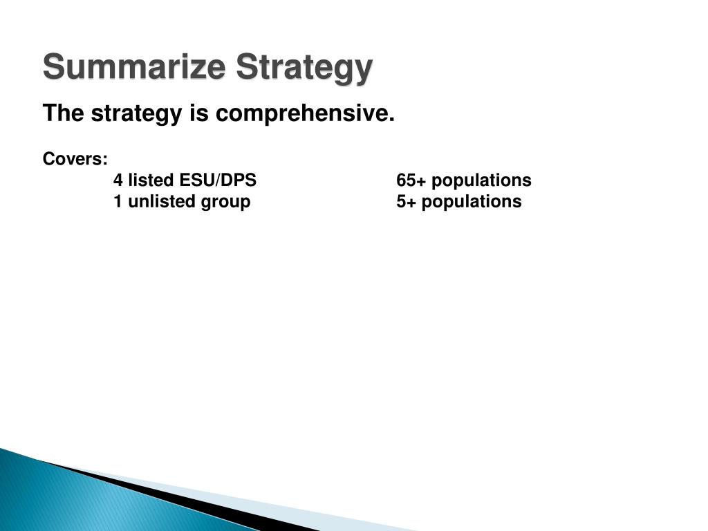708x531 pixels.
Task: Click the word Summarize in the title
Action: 134,66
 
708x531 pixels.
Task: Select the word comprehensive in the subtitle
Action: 305,114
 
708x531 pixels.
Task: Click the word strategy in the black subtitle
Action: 136,114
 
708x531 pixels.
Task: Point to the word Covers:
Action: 75,159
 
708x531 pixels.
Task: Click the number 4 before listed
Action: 118,180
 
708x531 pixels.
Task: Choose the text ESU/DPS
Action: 218,180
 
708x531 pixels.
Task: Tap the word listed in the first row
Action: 151,180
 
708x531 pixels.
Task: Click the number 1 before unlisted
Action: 118,201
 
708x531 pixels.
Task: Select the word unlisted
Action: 162,201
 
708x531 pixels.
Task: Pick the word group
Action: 225,203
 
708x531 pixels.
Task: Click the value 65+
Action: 411,180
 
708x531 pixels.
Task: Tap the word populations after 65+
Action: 481,181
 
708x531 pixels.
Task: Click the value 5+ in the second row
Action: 406,201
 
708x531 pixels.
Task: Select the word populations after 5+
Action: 472,203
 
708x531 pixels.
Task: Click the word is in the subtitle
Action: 198,113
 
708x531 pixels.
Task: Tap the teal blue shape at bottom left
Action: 91,501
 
